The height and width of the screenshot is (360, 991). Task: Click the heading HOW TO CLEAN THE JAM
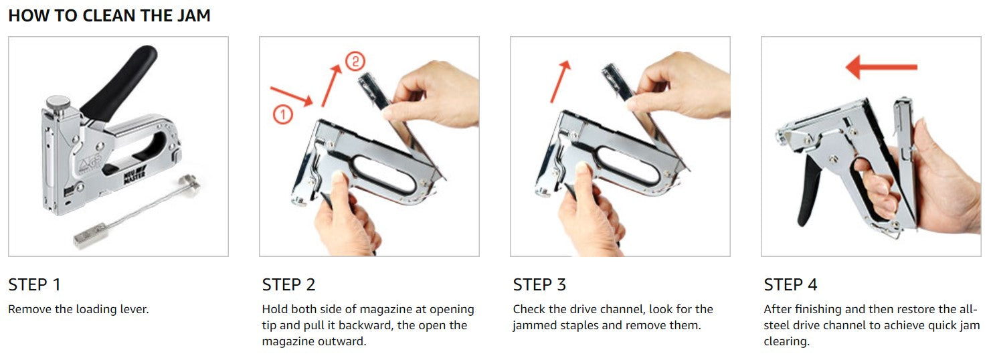click(109, 15)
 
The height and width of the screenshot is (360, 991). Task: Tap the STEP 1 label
click(34, 284)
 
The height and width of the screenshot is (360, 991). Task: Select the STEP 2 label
click(288, 284)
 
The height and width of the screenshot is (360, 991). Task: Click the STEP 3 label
click(539, 284)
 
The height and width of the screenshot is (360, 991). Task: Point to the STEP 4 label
click(790, 284)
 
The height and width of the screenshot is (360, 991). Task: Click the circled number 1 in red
click(282, 114)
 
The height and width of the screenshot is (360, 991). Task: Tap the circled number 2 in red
click(355, 62)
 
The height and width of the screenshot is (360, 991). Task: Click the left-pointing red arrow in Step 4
click(881, 67)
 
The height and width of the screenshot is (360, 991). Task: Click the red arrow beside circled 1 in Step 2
click(291, 96)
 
